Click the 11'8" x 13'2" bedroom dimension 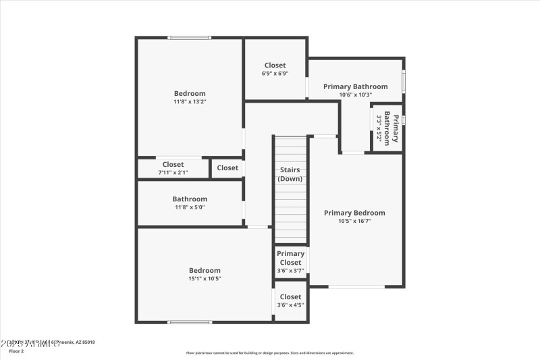(x=190, y=102)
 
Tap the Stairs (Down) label (x=290, y=174)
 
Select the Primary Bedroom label (x=354, y=213)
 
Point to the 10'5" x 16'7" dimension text (x=354, y=221)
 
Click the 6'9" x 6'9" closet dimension (x=275, y=74)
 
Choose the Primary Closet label (x=290, y=258)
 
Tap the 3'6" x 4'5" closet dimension (x=290, y=305)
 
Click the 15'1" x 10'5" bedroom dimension (x=205, y=279)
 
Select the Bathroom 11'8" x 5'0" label (x=190, y=199)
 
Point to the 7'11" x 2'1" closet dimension (x=173, y=173)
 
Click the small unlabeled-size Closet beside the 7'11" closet (x=227, y=168)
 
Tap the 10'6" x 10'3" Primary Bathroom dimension (x=355, y=95)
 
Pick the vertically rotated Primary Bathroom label (x=391, y=128)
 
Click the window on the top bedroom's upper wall (x=190, y=38)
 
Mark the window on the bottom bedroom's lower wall (x=190, y=322)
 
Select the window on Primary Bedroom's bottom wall (x=356, y=287)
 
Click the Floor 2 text (x=16, y=351)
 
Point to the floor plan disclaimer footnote (x=270, y=353)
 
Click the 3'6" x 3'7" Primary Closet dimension (x=290, y=271)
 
